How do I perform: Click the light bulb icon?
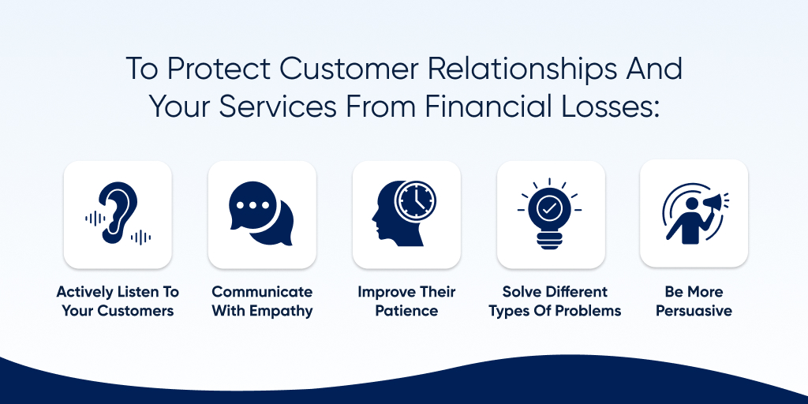(549, 214)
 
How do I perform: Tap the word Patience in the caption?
(406, 311)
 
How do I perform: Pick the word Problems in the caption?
(587, 311)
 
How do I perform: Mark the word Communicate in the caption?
(262, 292)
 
